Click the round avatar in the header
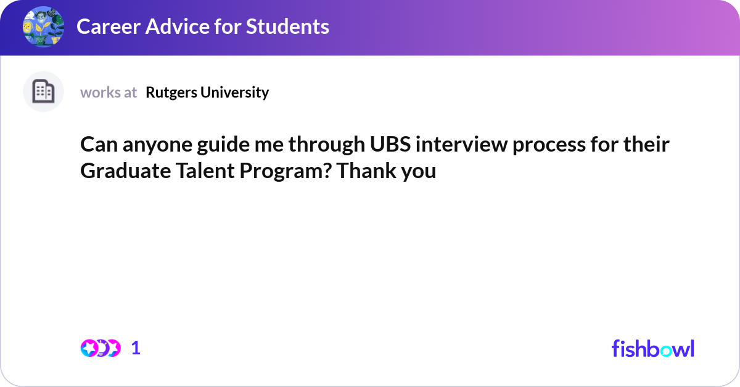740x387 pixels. pyautogui.click(x=43, y=26)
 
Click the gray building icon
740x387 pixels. pyautogui.click(x=43, y=92)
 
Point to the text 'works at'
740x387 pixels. pyautogui.click(x=109, y=92)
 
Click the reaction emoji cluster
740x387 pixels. pyautogui.click(x=100, y=348)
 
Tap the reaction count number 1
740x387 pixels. pyautogui.click(x=136, y=348)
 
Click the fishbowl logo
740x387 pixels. pyautogui.click(x=652, y=348)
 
